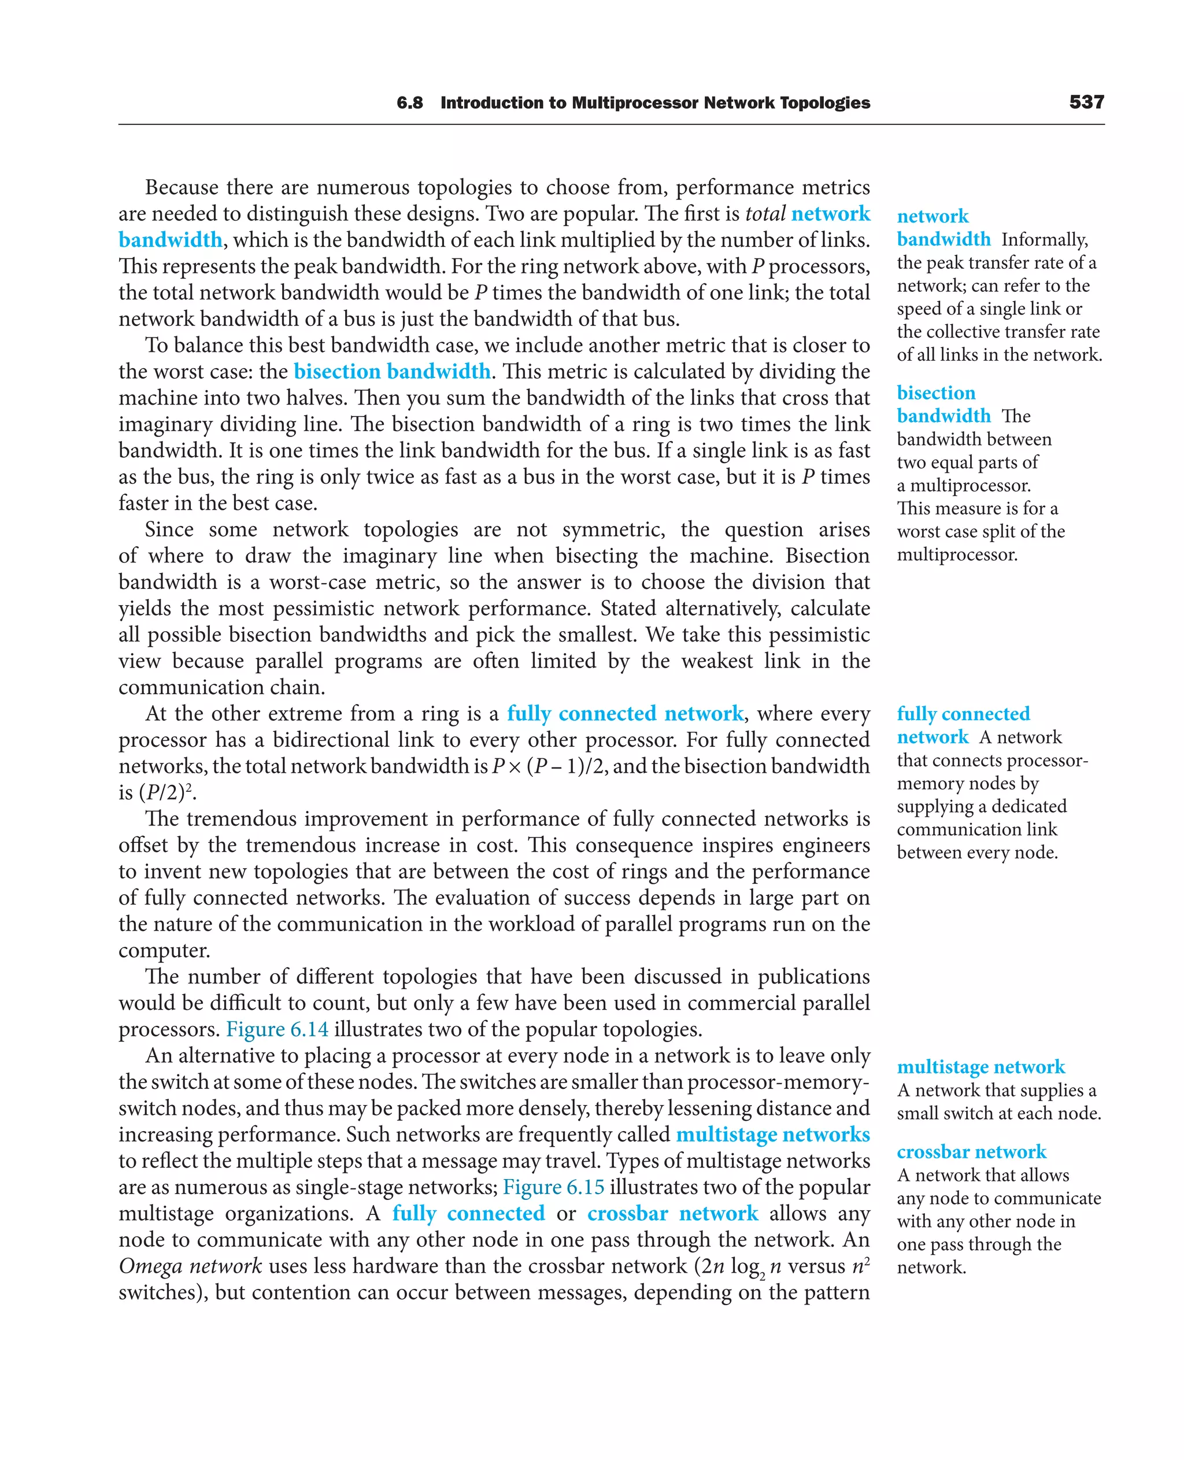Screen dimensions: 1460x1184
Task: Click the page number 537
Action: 1086,102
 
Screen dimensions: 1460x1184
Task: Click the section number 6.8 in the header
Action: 409,103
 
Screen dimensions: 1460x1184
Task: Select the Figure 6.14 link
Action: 277,1029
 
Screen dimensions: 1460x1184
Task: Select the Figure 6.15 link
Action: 553,1187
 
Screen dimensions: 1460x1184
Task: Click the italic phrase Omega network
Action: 190,1266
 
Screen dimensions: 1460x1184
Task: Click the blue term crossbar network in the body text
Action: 672,1214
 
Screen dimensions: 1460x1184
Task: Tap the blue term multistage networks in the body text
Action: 773,1135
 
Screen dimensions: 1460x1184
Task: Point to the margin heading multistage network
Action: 980,1066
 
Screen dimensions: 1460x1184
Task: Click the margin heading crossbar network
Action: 971,1152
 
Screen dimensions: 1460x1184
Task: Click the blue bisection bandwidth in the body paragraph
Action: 392,372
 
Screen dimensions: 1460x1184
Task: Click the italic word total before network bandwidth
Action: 765,214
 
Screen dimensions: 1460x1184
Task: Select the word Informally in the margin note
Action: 1044,240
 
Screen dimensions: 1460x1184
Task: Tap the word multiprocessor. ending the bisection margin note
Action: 957,555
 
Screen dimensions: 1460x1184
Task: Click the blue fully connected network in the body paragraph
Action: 625,714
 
